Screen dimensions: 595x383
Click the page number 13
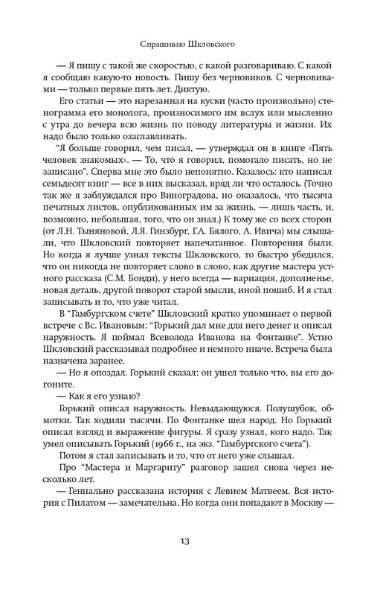pos(191,561)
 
